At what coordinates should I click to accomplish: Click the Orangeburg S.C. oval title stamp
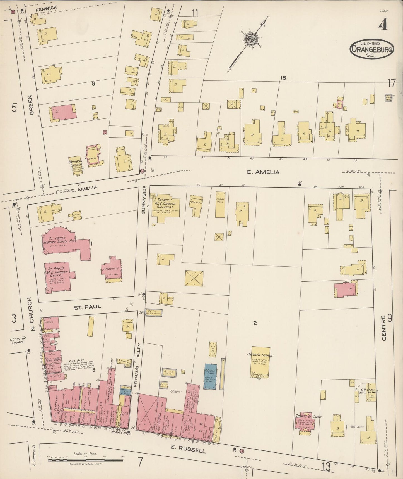tap(372, 48)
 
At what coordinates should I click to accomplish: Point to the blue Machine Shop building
tap(211, 376)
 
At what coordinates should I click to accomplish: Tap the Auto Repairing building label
tap(154, 312)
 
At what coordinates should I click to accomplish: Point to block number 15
tap(283, 78)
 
